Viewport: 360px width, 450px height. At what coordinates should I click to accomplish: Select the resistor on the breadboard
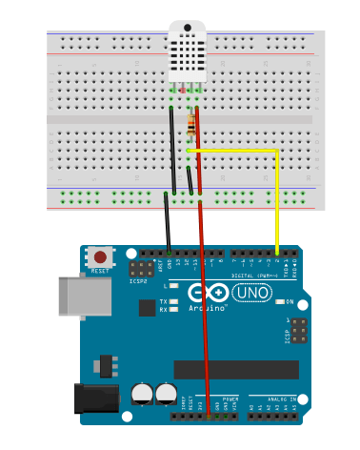pyautogui.click(x=195, y=123)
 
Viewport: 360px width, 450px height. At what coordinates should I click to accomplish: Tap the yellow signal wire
pyautogui.click(x=277, y=200)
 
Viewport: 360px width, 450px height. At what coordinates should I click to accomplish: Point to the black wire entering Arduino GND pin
pyautogui.click(x=169, y=229)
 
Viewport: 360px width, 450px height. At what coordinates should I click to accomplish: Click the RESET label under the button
pyautogui.click(x=100, y=271)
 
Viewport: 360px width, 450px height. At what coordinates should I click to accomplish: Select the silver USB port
pyautogui.click(x=74, y=296)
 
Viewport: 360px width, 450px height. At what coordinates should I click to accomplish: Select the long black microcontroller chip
pyautogui.click(x=229, y=368)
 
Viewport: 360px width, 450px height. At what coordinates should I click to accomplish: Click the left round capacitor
pyautogui.click(x=144, y=392)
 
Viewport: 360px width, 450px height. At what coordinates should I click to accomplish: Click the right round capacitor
pyautogui.click(x=166, y=392)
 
